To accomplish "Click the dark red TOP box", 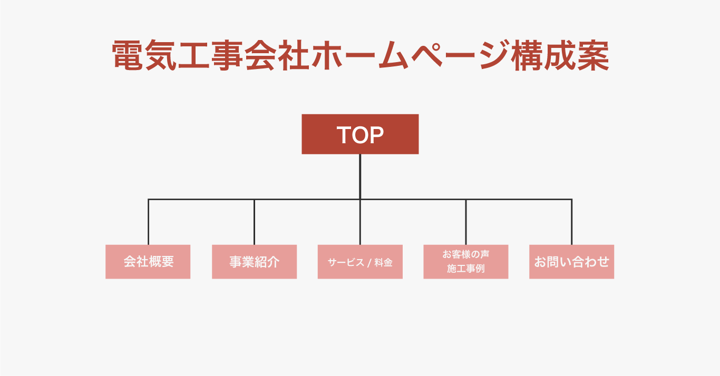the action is [x=360, y=134].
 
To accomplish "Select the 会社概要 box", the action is [x=148, y=262].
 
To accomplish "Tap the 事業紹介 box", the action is [x=254, y=262].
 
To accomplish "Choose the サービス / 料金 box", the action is [x=360, y=262].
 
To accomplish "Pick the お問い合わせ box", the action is [x=571, y=262].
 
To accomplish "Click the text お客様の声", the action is [x=466, y=254].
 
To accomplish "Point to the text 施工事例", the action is [x=466, y=269].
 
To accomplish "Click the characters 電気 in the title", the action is [x=144, y=55].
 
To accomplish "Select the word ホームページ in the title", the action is [x=411, y=55].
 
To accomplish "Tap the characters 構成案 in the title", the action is [x=560, y=55].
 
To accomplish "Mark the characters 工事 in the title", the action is [x=210, y=55].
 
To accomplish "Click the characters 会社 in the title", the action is [x=277, y=55].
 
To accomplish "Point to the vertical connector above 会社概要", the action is [x=148, y=222].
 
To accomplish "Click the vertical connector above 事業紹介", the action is [x=254, y=222].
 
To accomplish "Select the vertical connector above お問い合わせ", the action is [x=571, y=222].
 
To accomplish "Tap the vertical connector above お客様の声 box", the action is [x=466, y=222].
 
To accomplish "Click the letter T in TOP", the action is [x=344, y=135].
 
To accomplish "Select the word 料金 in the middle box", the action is [x=384, y=263].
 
